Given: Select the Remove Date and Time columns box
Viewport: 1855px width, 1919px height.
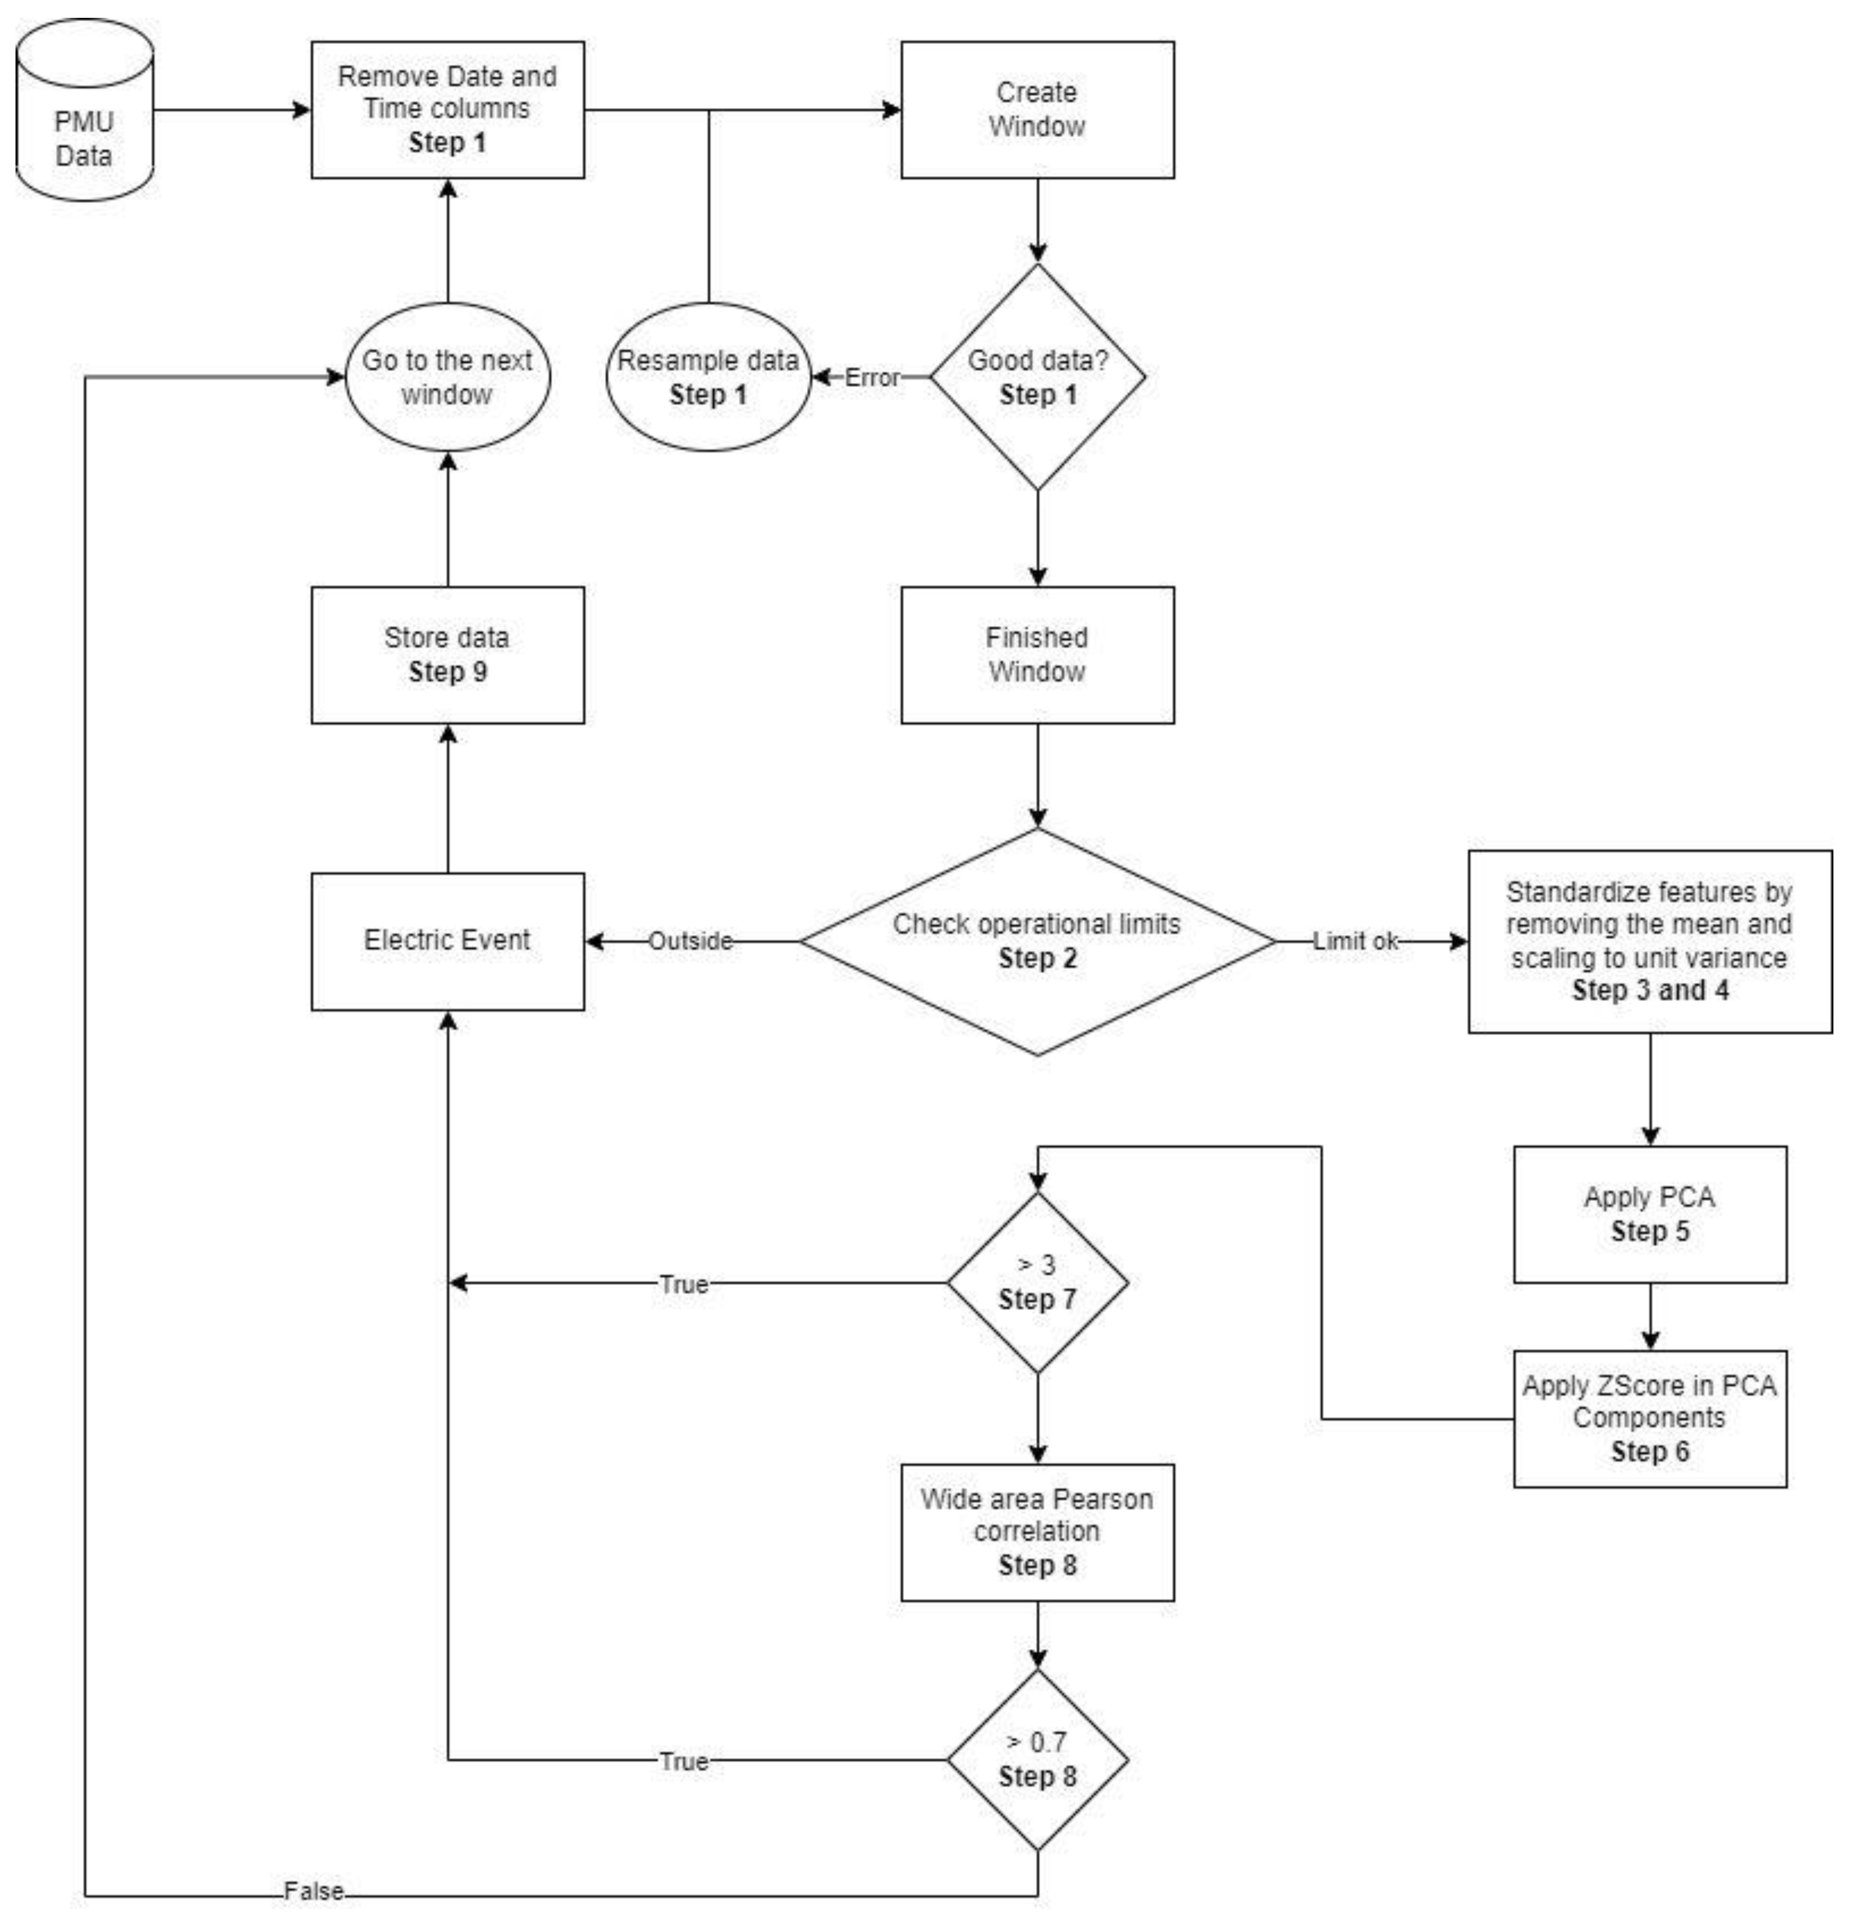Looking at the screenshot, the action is pyautogui.click(x=448, y=109).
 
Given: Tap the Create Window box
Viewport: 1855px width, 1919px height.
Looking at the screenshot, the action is pyautogui.click(x=1037, y=109).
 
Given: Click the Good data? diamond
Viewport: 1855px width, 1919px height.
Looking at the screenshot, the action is pyautogui.click(x=1037, y=377).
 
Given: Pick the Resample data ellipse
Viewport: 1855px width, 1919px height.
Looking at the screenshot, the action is pyautogui.click(x=709, y=377).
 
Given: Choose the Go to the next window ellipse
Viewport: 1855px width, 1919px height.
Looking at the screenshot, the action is pyautogui.click(x=448, y=377).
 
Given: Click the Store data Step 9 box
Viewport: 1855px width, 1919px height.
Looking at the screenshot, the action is pyautogui.click(x=448, y=655).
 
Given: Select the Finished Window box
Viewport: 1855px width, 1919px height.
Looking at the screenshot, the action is pyautogui.click(x=1037, y=655).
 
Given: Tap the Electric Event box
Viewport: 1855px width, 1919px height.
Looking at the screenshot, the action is pyautogui.click(x=448, y=941).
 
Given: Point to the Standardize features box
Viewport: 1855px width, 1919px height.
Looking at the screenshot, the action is pyautogui.click(x=1649, y=941).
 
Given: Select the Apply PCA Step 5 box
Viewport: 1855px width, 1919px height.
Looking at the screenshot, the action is pyautogui.click(x=1649, y=1214).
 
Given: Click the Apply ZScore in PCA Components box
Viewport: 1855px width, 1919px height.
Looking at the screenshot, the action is pyautogui.click(x=1649, y=1419).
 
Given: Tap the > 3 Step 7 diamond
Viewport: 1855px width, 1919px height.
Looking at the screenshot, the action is pyautogui.click(x=1037, y=1283).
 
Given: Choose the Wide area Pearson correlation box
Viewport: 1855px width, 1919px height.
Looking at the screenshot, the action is pyautogui.click(x=1037, y=1532).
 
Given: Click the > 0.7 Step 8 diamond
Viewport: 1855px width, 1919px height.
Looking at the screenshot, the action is pyautogui.click(x=1037, y=1759).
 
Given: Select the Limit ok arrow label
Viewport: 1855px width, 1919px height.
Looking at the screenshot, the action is pyautogui.click(x=1356, y=941).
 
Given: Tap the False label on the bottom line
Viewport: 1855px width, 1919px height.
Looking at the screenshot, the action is pyautogui.click(x=314, y=1892).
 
